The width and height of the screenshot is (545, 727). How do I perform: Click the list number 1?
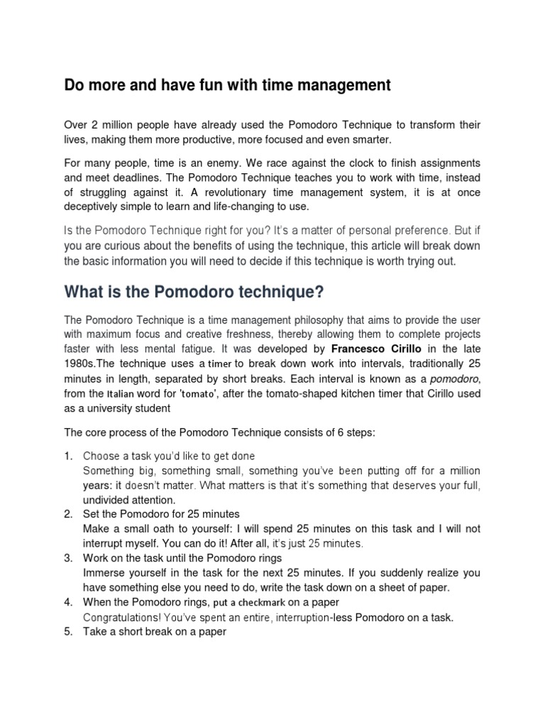[x=69, y=456]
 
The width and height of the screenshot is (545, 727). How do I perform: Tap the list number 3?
[x=69, y=558]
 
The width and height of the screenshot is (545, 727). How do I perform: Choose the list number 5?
[x=69, y=632]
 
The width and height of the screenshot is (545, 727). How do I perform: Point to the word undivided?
[x=109, y=500]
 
